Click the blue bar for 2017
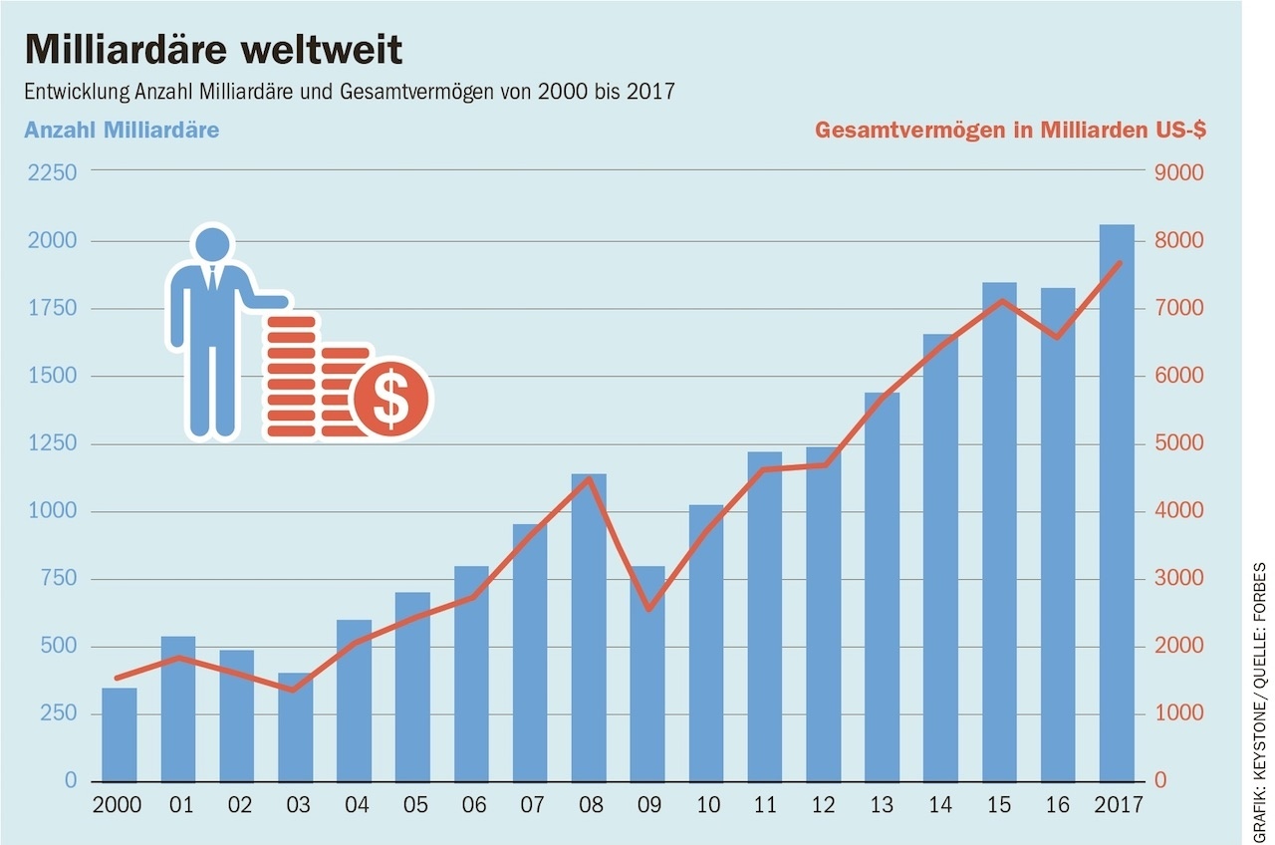1117,502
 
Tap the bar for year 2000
120,734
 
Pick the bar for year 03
296,727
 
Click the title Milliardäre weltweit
213,50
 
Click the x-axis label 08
589,805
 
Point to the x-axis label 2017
1117,805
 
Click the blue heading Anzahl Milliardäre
122,131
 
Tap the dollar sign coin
391,398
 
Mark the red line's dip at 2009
647,609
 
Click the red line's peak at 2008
589,479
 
